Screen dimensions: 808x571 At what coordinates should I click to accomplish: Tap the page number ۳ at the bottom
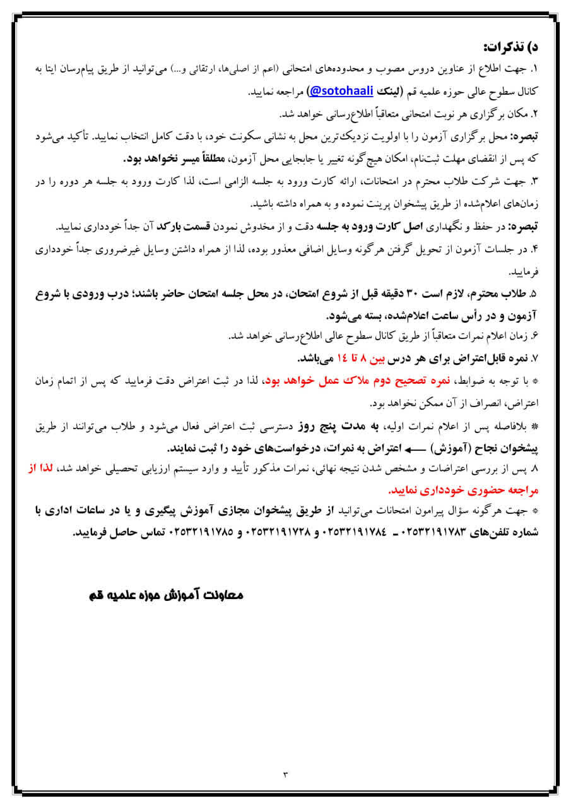(285, 774)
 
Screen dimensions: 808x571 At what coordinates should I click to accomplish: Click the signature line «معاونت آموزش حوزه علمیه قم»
(163, 596)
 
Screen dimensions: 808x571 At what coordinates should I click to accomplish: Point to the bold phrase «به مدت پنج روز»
(355, 427)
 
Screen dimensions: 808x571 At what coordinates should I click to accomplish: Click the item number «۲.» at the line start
(534, 114)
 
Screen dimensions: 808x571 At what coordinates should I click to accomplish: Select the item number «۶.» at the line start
(534, 336)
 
